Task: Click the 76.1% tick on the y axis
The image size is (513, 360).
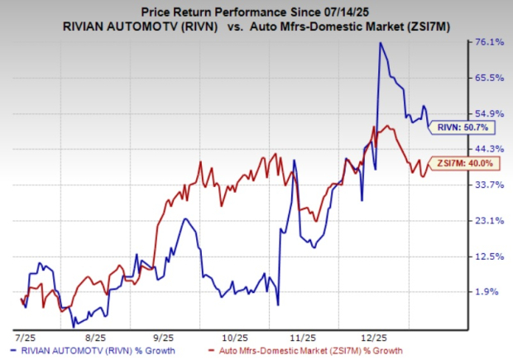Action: click(x=487, y=42)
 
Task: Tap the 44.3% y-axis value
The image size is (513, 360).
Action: click(x=487, y=149)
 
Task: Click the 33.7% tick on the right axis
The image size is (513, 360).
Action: click(x=487, y=185)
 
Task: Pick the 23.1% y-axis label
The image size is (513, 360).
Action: click(x=487, y=220)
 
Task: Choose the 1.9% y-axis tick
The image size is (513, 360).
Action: click(x=490, y=291)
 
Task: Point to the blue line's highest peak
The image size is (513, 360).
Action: click(x=381, y=43)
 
